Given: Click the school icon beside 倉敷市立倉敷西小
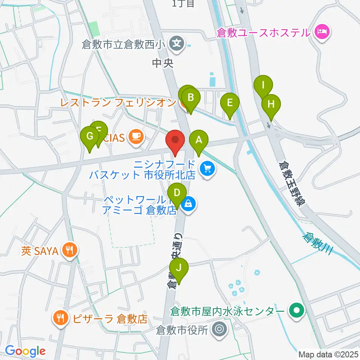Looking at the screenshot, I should (176, 44).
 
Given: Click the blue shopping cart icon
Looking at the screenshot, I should (207, 169).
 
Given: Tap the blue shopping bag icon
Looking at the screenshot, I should (187, 205).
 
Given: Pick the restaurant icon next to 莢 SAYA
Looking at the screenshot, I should (69, 250).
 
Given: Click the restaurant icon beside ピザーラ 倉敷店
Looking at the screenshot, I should (60, 318).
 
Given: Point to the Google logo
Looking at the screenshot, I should (25, 351).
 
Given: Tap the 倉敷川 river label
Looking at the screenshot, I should (318, 243).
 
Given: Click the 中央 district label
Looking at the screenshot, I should (163, 63).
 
